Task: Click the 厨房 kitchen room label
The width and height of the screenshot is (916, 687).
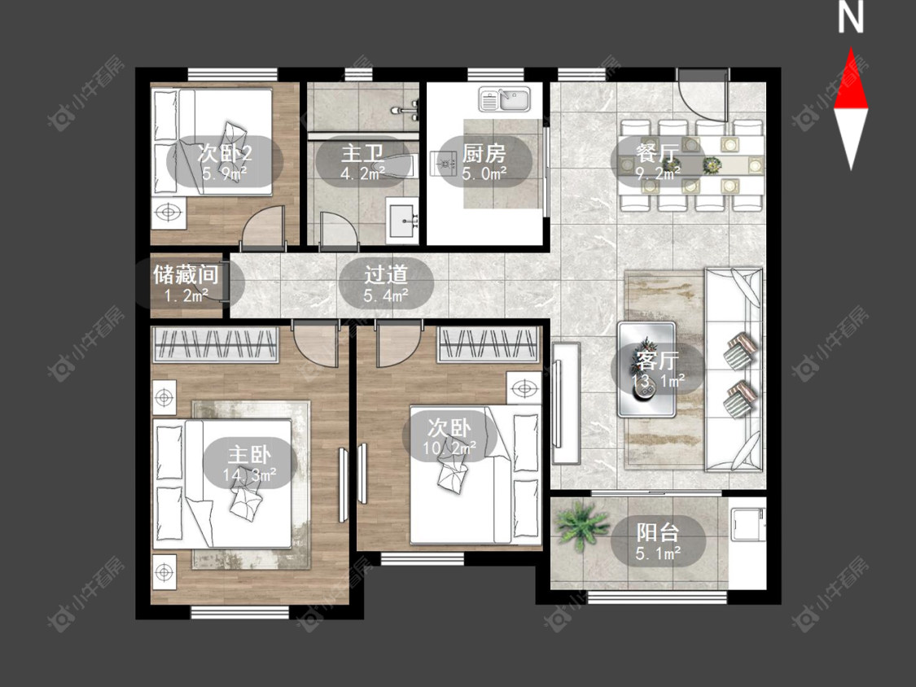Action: click(484, 153)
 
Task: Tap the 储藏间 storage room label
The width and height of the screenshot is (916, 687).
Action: click(186, 274)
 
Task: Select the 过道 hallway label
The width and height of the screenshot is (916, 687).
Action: click(386, 274)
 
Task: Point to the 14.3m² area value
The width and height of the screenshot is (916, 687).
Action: click(249, 475)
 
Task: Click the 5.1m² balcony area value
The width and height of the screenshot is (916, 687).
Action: click(658, 554)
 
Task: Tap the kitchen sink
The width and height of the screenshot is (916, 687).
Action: click(504, 99)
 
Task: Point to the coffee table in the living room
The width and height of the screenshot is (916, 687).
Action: click(646, 370)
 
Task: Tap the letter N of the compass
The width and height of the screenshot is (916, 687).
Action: click(851, 17)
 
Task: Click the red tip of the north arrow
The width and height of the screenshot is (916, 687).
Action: click(851, 49)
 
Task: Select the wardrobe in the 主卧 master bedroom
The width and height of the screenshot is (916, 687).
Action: click(215, 344)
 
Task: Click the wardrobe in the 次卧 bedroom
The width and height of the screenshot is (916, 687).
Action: click(489, 344)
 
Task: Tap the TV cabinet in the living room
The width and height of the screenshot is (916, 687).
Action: click(565, 403)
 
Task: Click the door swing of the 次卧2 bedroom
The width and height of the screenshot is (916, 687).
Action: click(264, 228)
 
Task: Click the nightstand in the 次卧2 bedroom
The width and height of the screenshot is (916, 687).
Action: click(169, 212)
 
